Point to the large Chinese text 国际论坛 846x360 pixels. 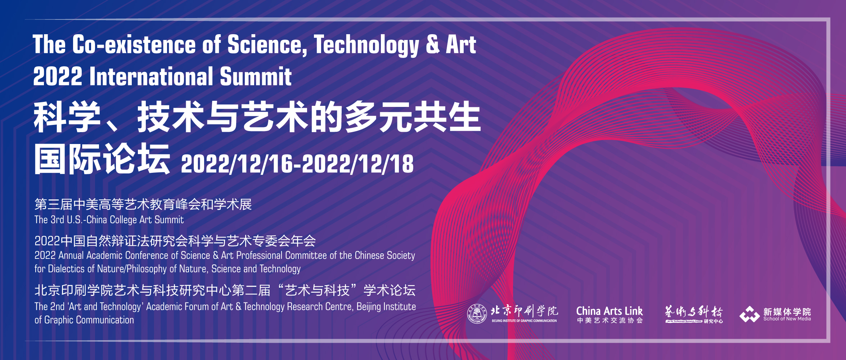pos(102,158)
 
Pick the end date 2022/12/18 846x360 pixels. pos(358,164)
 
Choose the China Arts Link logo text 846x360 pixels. pos(609,311)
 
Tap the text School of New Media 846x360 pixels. pos(787,319)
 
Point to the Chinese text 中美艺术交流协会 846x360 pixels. pos(609,320)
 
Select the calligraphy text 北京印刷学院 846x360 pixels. pos(524,311)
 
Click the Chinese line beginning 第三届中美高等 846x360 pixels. pos(143,204)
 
